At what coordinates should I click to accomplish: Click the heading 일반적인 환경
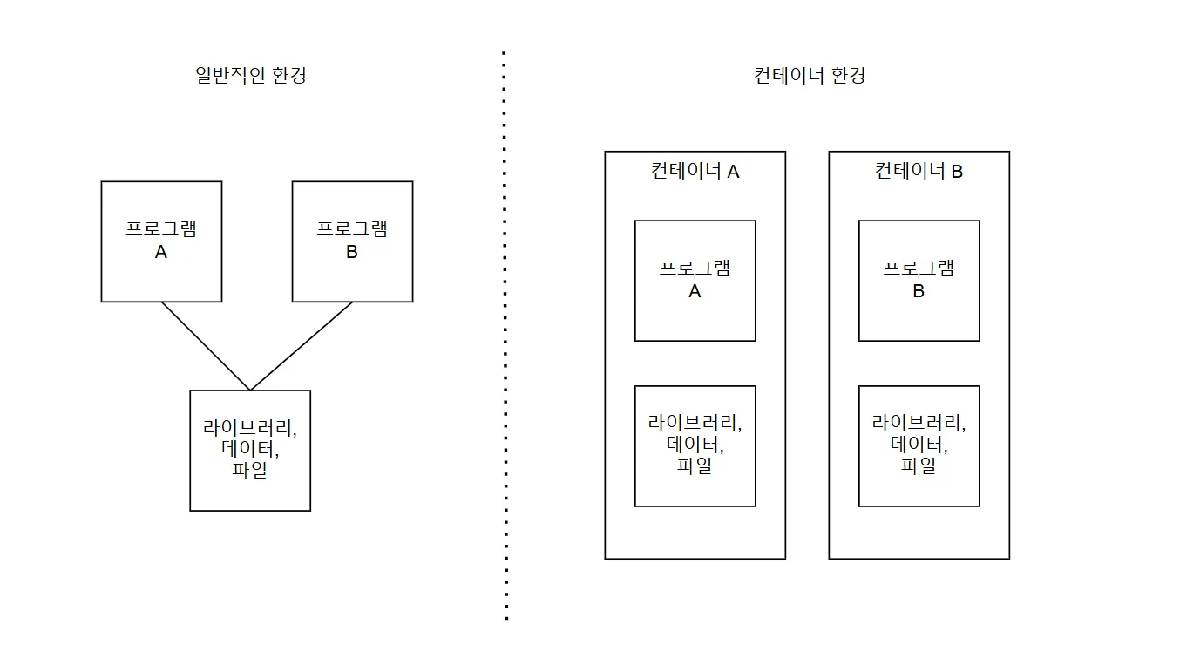point(251,75)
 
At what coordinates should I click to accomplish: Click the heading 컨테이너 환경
point(809,75)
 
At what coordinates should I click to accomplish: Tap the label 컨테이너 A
point(695,171)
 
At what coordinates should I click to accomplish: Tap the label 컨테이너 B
point(919,171)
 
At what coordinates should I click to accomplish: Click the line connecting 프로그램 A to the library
point(206,346)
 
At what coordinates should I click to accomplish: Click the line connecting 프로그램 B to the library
point(302,346)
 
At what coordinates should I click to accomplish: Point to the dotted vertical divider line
point(505,349)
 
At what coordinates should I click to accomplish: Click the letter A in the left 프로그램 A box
point(161,253)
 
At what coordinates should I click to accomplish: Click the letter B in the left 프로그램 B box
point(352,253)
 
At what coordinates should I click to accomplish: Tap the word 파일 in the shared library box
point(250,472)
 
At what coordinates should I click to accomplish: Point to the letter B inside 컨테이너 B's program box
point(919,292)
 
